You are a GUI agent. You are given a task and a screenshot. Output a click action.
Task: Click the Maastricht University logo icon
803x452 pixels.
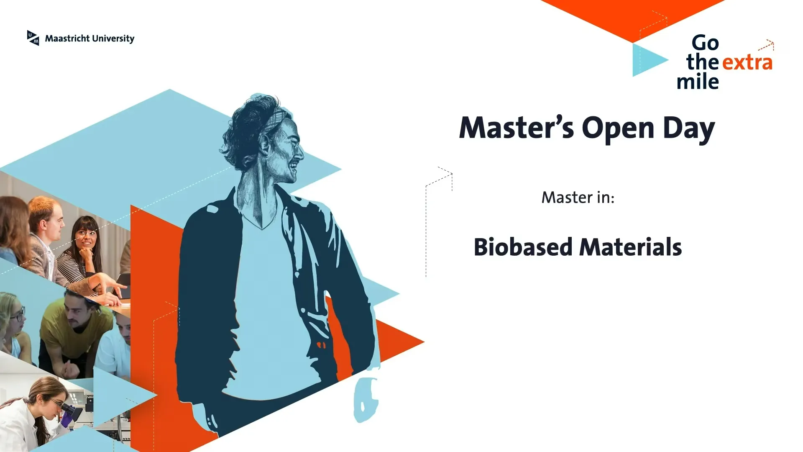click(x=33, y=38)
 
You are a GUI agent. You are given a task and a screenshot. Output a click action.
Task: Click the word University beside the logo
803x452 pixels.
click(x=113, y=39)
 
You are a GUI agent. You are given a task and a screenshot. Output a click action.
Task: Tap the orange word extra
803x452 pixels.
click(x=747, y=62)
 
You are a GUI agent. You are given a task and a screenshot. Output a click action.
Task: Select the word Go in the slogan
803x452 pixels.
click(x=705, y=43)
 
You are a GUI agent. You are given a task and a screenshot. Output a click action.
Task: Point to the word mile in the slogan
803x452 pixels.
click(x=698, y=81)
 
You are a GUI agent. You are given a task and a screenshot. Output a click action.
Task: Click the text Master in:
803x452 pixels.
click(x=578, y=197)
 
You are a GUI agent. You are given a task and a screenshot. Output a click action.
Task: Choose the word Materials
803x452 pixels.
click(x=631, y=247)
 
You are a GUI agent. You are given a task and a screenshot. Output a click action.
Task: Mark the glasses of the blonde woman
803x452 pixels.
click(x=18, y=314)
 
